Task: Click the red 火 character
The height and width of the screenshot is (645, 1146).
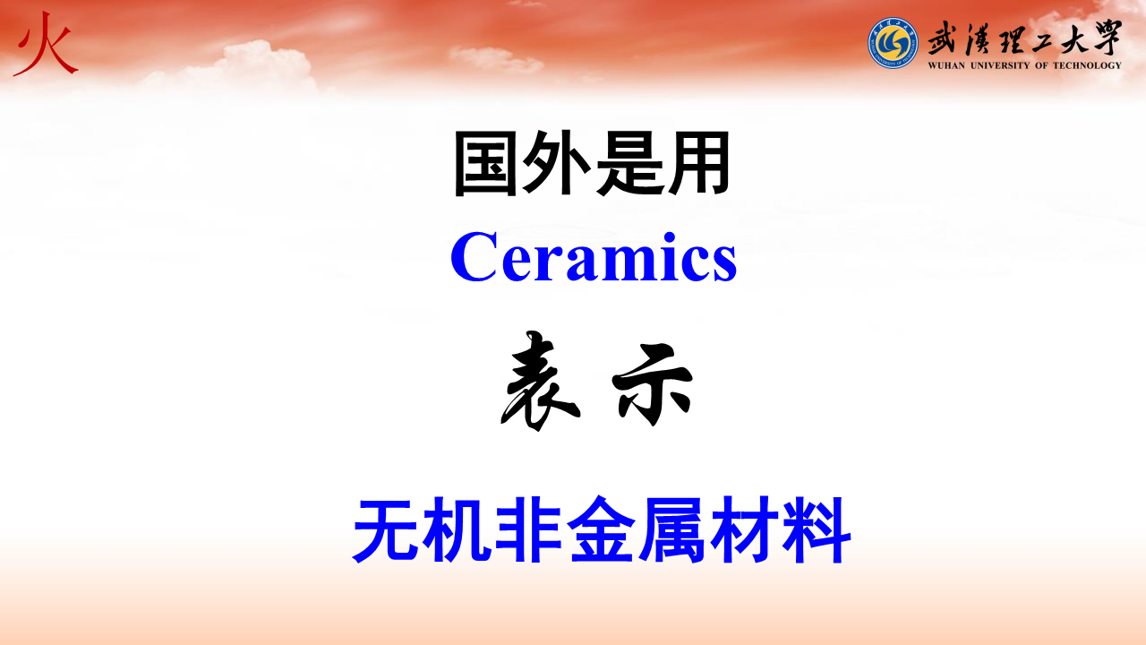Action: (x=45, y=44)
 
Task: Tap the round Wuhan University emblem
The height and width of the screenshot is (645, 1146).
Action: (x=893, y=43)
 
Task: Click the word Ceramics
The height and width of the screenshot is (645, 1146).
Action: (x=594, y=256)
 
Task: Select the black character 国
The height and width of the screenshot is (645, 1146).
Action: (x=485, y=163)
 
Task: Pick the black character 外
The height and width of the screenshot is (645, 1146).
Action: (x=555, y=163)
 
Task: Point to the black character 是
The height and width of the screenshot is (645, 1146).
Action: (x=628, y=163)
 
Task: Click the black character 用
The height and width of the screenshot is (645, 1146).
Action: (x=697, y=163)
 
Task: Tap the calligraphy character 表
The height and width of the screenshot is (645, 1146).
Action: (x=541, y=381)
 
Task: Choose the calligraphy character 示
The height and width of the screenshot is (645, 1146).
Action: (x=653, y=384)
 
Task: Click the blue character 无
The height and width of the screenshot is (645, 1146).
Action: (x=388, y=529)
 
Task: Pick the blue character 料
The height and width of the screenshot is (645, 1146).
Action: (x=816, y=529)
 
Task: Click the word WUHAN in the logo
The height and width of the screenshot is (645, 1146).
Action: (x=946, y=65)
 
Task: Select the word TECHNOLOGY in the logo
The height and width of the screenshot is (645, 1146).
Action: (x=1087, y=65)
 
